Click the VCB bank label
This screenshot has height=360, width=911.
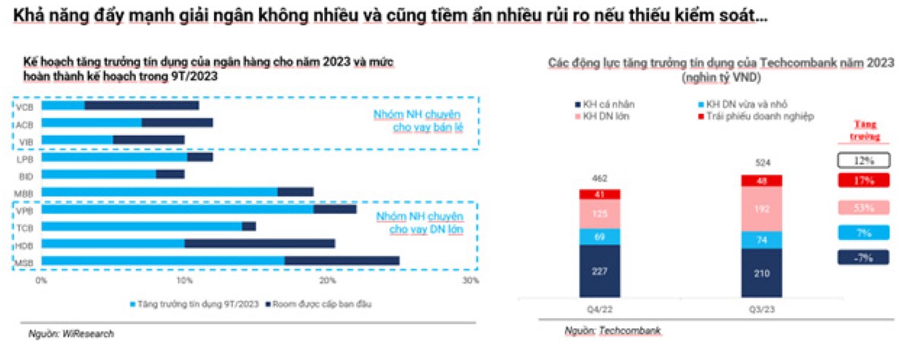(24, 106)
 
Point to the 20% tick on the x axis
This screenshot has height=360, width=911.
(327, 281)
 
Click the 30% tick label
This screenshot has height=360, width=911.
(470, 281)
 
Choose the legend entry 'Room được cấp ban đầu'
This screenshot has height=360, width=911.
(322, 304)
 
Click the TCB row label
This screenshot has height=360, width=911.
(24, 226)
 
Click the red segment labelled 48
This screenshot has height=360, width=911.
(761, 181)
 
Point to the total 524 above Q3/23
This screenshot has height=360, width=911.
(761, 163)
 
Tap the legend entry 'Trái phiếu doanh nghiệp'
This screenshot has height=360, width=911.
(748, 116)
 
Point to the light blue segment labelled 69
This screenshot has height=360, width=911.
(600, 236)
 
